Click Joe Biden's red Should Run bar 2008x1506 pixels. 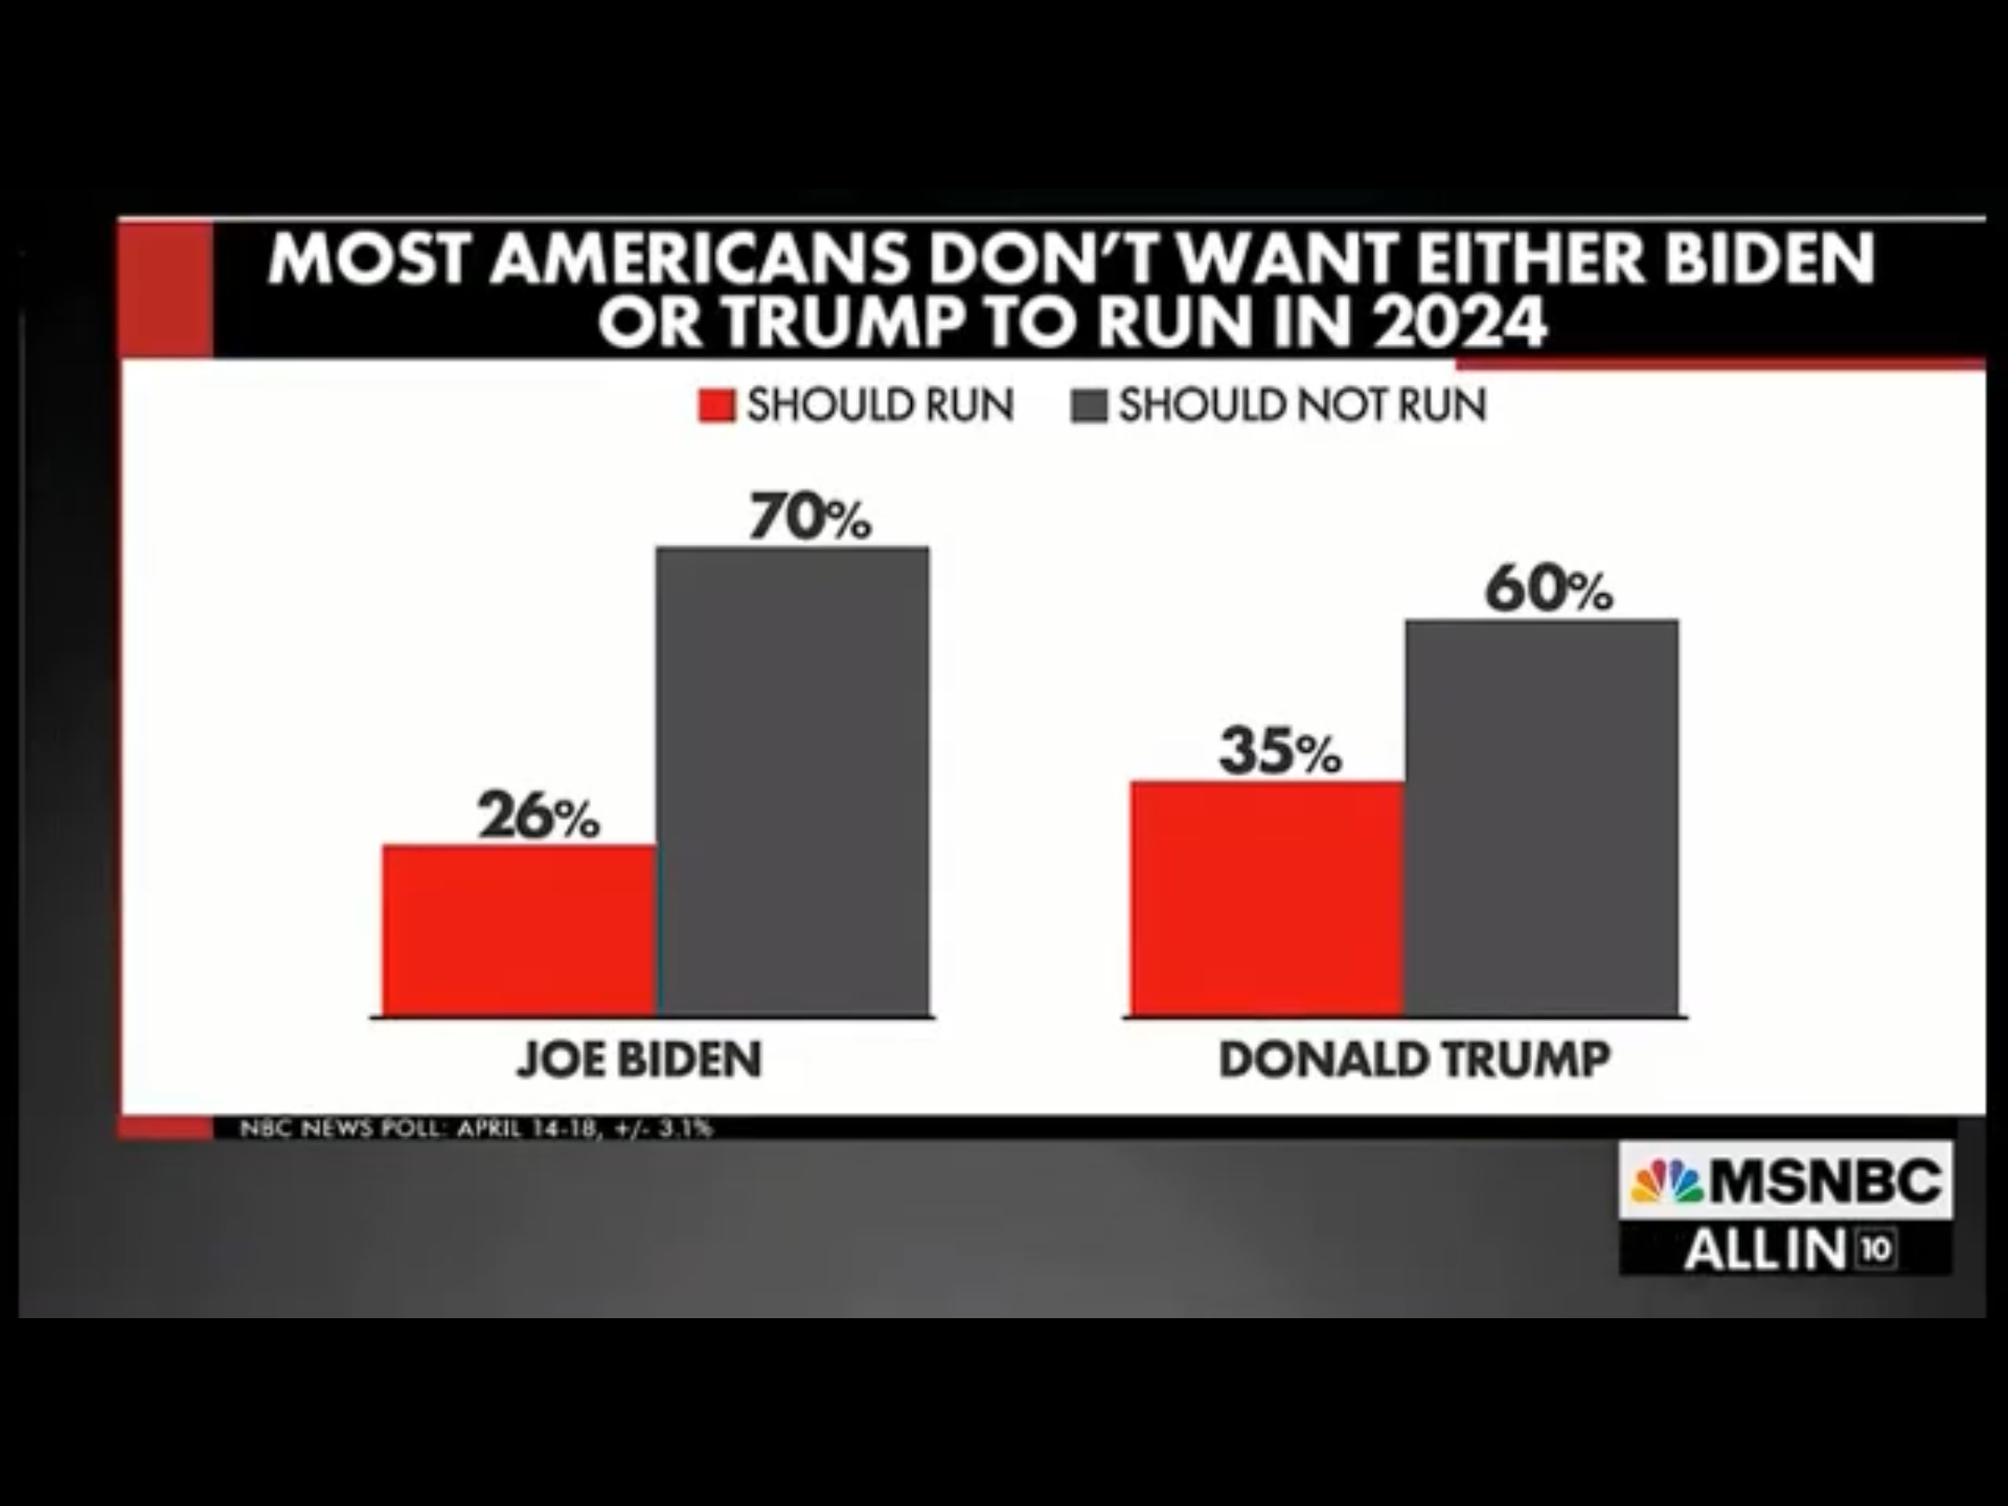pyautogui.click(x=519, y=930)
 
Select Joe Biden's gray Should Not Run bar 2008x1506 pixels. pyautogui.click(x=792, y=781)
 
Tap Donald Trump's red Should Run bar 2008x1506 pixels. pyautogui.click(x=1266, y=898)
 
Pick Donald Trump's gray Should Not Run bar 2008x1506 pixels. pyautogui.click(x=1541, y=818)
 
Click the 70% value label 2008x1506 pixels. pyautogui.click(x=811, y=518)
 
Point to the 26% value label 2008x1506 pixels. pyautogui.click(x=539, y=815)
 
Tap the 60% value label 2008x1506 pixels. pyautogui.click(x=1548, y=589)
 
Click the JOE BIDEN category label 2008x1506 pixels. pyautogui.click(x=640, y=1060)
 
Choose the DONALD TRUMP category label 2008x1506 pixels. pyautogui.click(x=1414, y=1060)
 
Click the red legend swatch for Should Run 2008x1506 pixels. pyautogui.click(x=717, y=406)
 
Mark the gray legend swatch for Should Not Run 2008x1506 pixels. pyautogui.click(x=1088, y=406)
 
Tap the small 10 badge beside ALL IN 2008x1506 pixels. pyautogui.click(x=1876, y=1248)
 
